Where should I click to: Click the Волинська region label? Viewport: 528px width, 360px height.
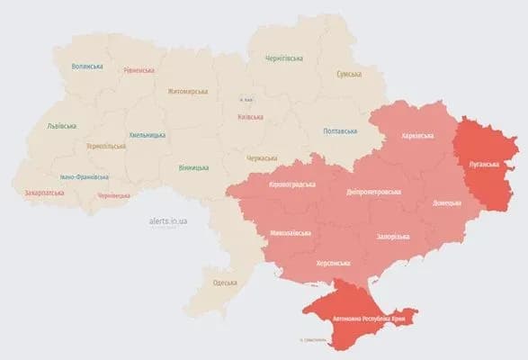(x=87, y=67)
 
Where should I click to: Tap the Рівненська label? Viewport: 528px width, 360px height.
(x=139, y=70)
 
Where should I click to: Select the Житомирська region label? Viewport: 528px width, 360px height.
(x=186, y=91)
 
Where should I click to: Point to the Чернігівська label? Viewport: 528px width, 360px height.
(x=284, y=58)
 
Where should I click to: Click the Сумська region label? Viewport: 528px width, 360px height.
(x=348, y=74)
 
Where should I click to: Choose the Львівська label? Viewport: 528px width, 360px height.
(x=62, y=126)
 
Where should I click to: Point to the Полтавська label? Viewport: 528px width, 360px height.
(x=342, y=131)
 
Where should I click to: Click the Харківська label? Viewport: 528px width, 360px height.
(x=416, y=136)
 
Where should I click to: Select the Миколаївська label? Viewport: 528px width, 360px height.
(x=291, y=233)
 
